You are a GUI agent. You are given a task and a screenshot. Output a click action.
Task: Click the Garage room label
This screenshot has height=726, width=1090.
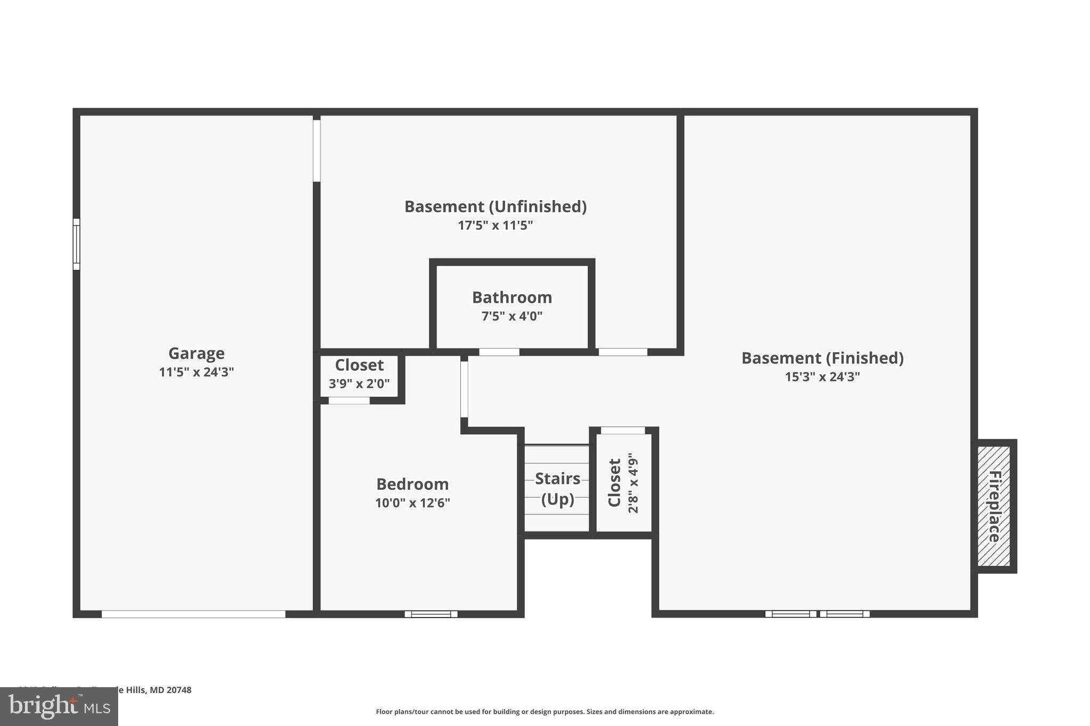(x=196, y=353)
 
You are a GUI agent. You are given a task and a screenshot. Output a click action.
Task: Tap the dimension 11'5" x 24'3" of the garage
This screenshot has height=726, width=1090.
(x=196, y=372)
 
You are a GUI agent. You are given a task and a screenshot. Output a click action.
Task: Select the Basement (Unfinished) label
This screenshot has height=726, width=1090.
(x=495, y=206)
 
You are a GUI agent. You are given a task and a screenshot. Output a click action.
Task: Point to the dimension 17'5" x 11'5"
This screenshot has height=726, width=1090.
(x=495, y=226)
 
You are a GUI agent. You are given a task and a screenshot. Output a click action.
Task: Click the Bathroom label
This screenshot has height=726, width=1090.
(x=511, y=297)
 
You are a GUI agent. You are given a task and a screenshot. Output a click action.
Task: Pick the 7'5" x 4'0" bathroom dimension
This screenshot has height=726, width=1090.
(x=511, y=316)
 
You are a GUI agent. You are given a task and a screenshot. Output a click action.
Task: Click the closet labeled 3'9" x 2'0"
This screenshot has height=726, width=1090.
(x=359, y=373)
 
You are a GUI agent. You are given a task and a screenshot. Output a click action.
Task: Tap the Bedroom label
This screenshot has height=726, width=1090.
(x=412, y=484)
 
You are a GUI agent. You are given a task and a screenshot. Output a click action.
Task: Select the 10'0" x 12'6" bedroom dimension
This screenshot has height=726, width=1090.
(x=412, y=503)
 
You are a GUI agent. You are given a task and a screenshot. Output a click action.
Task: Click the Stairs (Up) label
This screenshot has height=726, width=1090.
(x=557, y=488)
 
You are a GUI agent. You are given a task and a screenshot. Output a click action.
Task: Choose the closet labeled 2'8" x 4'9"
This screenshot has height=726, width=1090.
(x=623, y=482)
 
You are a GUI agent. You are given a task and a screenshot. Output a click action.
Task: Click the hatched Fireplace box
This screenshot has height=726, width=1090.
(x=994, y=506)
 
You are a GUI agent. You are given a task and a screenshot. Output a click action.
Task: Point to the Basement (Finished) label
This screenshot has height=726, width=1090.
(x=822, y=358)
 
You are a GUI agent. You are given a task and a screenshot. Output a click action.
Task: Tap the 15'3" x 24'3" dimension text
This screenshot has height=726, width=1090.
(x=822, y=377)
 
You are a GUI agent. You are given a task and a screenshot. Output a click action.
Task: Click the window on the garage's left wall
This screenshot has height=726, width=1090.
(x=76, y=244)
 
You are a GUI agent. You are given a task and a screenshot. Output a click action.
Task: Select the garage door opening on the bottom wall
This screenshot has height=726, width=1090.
(x=193, y=614)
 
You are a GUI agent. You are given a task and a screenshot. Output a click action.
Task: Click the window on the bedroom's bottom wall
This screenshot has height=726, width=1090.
(x=431, y=614)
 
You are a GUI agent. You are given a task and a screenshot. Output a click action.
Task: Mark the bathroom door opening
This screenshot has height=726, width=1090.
(x=499, y=352)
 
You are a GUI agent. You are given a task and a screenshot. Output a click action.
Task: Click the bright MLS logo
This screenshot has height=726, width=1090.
(x=59, y=706)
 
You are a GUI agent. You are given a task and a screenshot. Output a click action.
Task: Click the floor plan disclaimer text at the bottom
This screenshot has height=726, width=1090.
(x=544, y=712)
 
